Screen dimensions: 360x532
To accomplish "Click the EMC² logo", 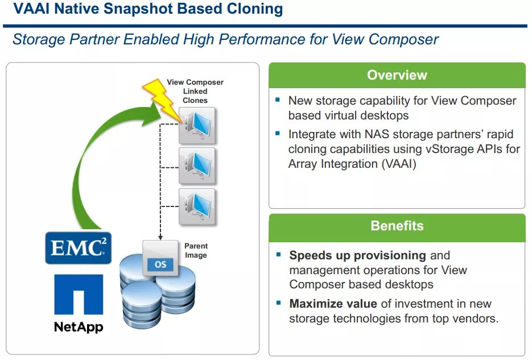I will [79, 247].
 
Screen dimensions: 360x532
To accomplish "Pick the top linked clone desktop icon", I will [197, 125].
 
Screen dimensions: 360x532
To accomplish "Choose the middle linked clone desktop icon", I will [197, 165].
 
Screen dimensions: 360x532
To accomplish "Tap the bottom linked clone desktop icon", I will [197, 206].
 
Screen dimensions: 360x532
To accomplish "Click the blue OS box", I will [160, 265].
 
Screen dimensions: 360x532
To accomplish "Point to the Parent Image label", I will [196, 251].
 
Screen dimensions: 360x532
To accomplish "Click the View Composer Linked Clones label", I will [195, 91].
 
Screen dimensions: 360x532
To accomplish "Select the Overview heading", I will [397, 75].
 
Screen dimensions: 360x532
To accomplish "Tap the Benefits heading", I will [397, 226].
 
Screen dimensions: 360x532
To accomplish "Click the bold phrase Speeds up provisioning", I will [357, 255].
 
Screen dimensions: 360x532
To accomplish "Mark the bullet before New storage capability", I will [278, 100].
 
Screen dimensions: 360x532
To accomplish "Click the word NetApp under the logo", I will [79, 327].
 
